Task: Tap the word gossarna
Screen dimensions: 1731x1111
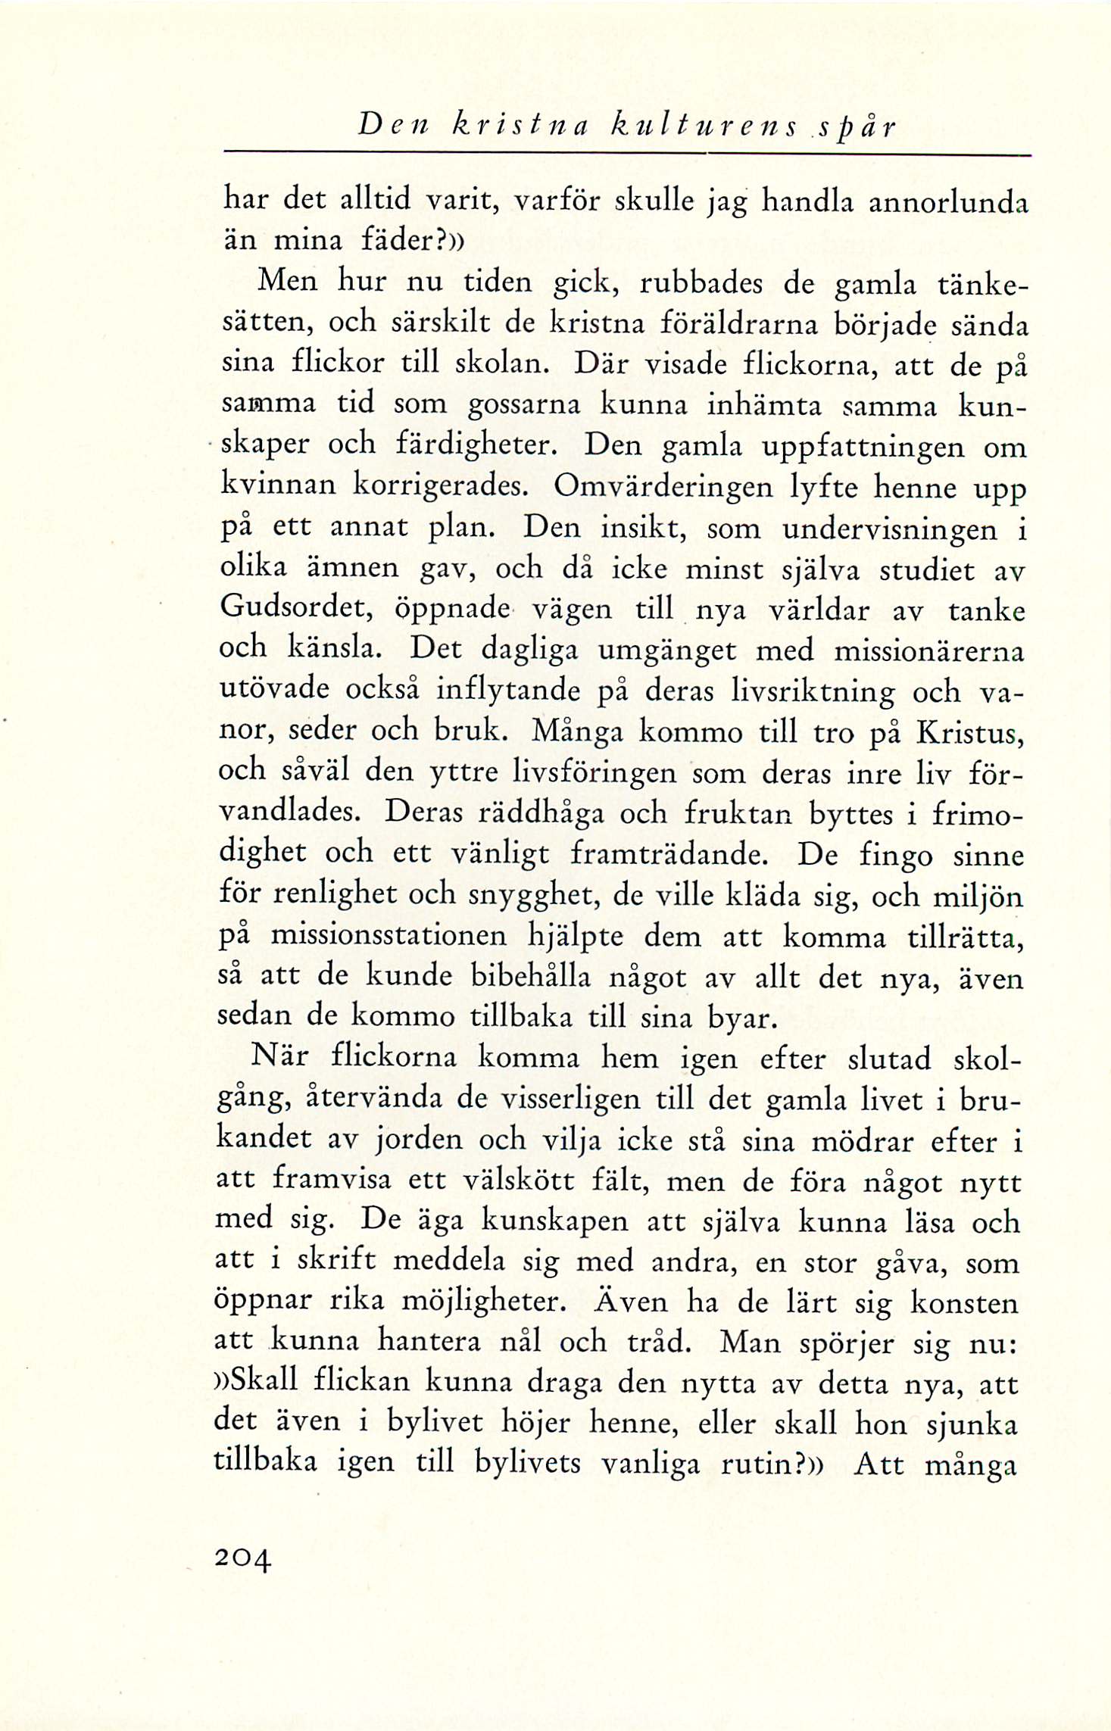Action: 525,404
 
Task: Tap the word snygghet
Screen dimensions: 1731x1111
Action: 533,896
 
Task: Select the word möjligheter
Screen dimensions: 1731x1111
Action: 482,1302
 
